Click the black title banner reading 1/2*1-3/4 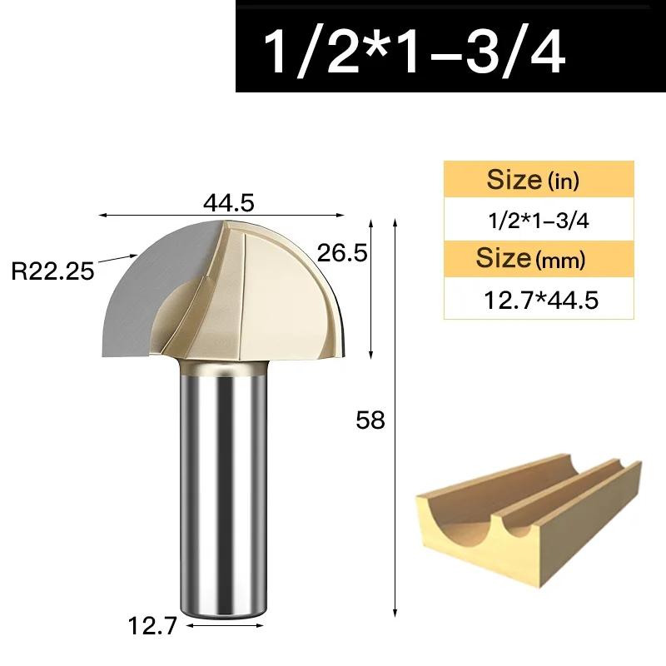[x=450, y=47]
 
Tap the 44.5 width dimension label [x=228, y=202]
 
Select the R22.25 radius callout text [x=52, y=271]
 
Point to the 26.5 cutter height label [x=342, y=253]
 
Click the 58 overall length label [x=370, y=420]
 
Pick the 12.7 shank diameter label [x=152, y=626]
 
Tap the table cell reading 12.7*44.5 [x=539, y=299]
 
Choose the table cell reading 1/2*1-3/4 [x=539, y=220]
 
